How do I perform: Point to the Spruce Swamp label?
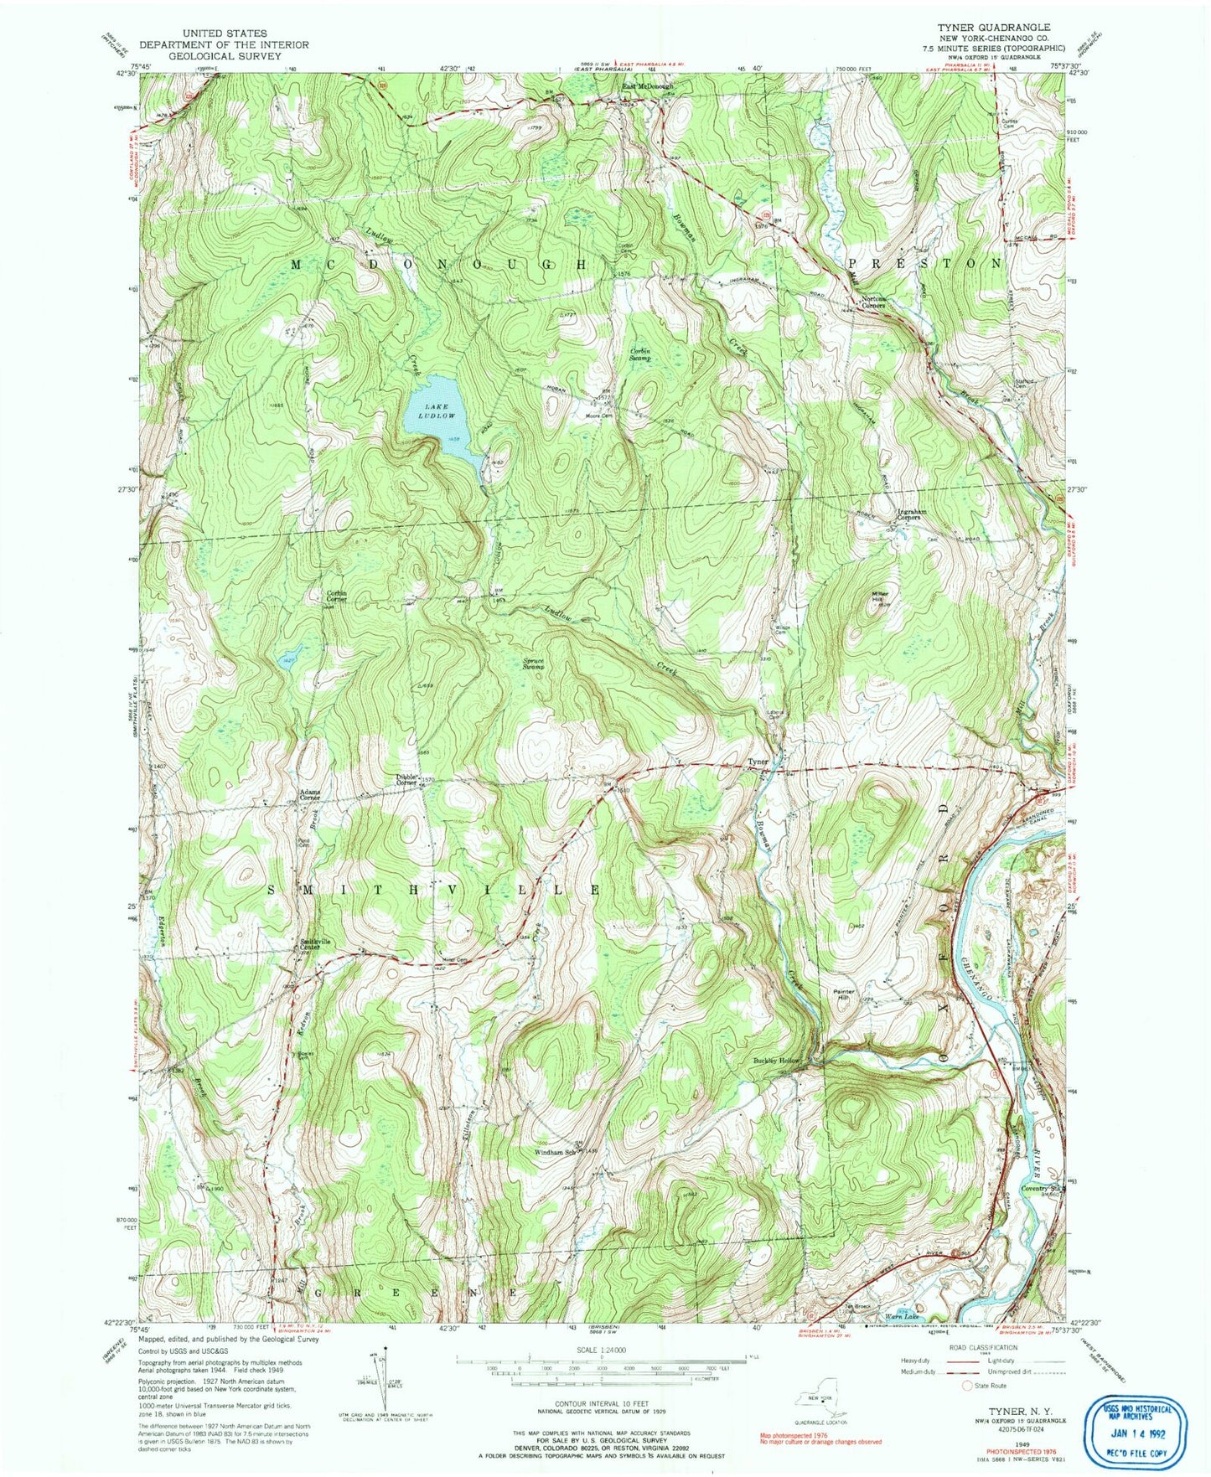pyautogui.click(x=534, y=664)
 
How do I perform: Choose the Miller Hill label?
pyautogui.click(x=879, y=596)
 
